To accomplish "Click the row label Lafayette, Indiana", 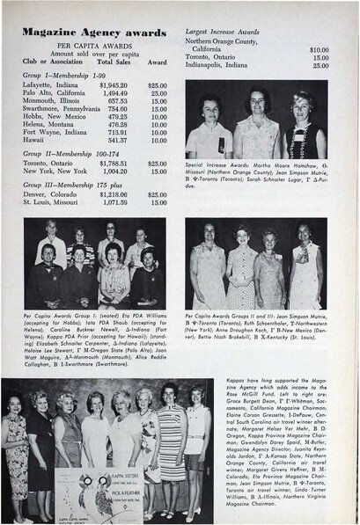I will (50, 84).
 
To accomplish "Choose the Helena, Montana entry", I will (48, 124).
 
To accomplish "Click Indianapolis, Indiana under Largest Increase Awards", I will (225, 65).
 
